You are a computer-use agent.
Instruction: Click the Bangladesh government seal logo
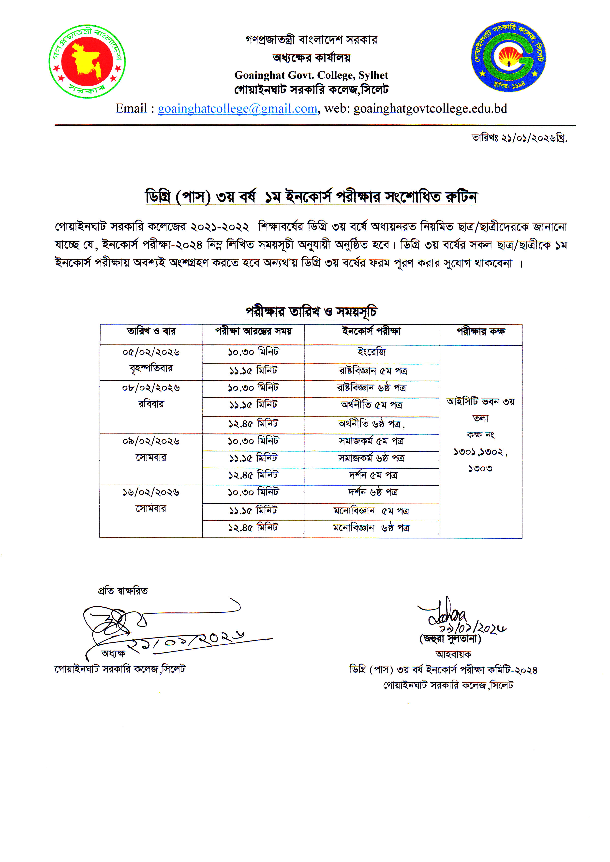pos(87,61)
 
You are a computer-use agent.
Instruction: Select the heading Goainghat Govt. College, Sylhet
pos(311,75)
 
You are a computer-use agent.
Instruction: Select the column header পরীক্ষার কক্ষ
pos(480,331)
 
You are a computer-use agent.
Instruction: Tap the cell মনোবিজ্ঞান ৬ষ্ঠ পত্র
pos(372,528)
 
